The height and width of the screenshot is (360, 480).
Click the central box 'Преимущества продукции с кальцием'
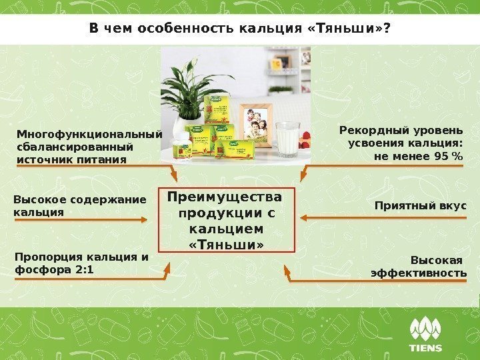click(227, 221)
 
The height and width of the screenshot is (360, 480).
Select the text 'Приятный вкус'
click(421, 206)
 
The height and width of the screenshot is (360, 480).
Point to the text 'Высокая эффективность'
click(419, 267)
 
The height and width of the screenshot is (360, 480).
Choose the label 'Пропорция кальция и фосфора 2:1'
click(81, 263)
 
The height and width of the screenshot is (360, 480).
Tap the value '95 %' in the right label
click(448, 156)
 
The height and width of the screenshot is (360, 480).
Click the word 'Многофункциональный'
click(89, 133)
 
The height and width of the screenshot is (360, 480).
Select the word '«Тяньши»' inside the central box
click(227, 246)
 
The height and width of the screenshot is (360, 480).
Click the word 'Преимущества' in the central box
click(225, 198)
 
